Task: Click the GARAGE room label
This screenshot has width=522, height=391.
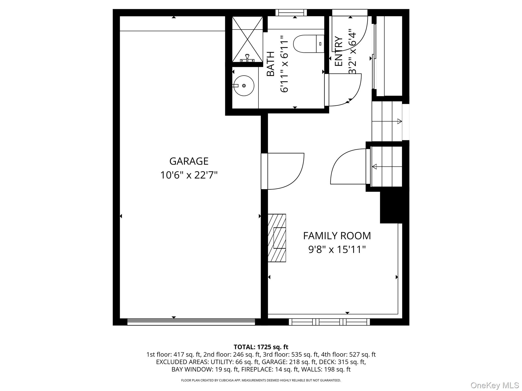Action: [189, 161]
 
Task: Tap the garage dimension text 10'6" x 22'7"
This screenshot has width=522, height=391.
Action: [189, 175]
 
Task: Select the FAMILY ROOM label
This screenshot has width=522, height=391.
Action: [337, 236]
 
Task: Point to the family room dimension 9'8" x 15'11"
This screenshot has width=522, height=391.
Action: [337, 249]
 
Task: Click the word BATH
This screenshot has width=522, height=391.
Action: [270, 64]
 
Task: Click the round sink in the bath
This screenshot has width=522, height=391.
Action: [244, 86]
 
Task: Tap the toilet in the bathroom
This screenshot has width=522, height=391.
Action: [308, 44]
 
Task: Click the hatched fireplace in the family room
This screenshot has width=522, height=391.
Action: [277, 238]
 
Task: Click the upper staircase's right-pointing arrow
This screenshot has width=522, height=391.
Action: [399, 121]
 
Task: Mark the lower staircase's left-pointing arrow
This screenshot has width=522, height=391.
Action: [375, 167]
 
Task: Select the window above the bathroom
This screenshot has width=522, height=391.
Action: [291, 12]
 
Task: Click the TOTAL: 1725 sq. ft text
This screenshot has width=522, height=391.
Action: [261, 347]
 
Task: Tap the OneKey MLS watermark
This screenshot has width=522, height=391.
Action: [494, 385]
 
